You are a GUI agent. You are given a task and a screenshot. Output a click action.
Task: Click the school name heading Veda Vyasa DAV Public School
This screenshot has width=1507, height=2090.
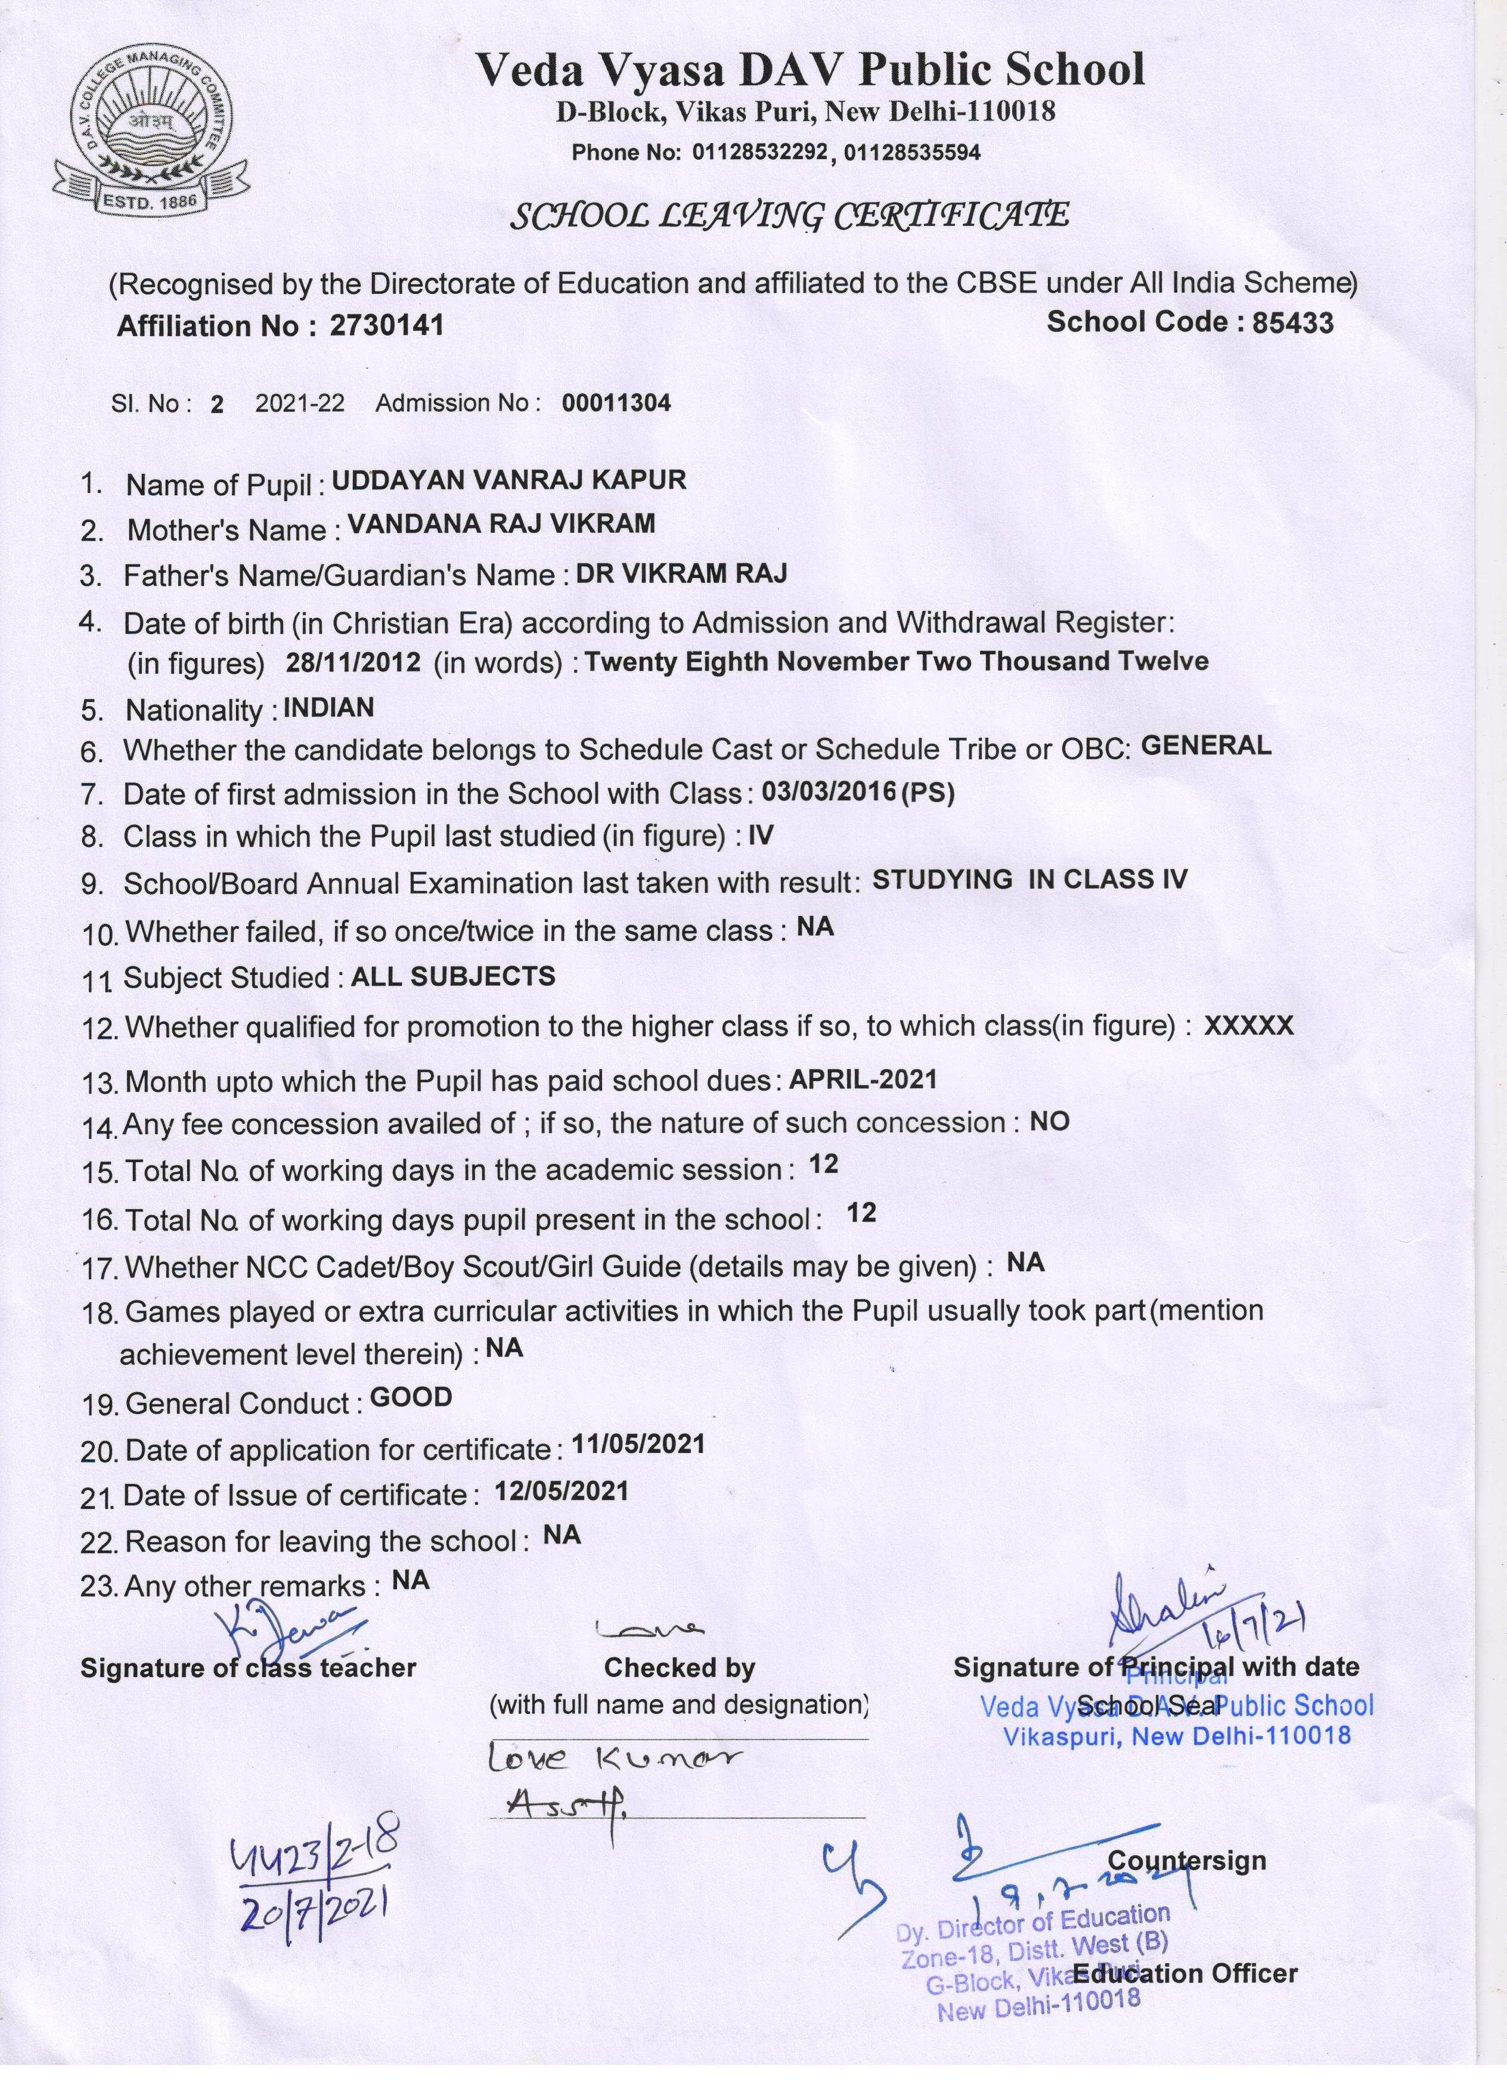coord(810,70)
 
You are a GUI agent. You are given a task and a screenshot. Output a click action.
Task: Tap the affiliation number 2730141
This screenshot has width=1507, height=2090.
coord(386,325)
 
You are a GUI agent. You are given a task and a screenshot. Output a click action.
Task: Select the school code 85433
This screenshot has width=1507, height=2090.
coord(1292,322)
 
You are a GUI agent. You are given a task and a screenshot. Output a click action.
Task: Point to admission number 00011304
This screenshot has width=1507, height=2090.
coord(616,403)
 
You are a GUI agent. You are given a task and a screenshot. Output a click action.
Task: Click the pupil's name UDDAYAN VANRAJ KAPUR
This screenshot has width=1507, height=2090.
coord(508,480)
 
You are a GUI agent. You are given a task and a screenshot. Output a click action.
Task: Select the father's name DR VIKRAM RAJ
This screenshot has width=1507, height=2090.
coord(681,574)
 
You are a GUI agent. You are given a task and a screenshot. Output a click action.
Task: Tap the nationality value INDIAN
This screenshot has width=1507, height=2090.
coord(328,708)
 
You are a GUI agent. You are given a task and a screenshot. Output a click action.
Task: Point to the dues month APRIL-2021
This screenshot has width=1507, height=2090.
coord(863,1079)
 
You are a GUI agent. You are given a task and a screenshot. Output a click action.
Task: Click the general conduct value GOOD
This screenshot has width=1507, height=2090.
coord(411,1397)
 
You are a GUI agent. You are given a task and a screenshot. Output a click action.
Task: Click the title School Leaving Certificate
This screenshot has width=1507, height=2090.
coord(789,216)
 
